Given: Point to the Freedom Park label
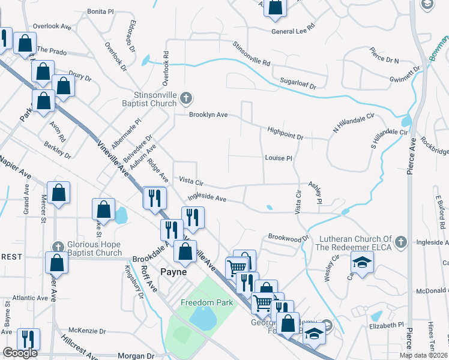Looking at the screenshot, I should tap(206, 302).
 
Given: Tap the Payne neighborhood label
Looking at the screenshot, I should tap(174, 272).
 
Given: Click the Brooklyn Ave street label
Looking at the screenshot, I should tap(208, 115).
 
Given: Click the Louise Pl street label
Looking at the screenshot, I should tap(278, 158).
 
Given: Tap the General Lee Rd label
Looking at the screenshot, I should tap(293, 30).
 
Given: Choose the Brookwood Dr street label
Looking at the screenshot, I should tap(288, 238).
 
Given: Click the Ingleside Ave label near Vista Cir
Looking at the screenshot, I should tap(206, 197).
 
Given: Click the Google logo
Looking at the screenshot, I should tap(20, 353).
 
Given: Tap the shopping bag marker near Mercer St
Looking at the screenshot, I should tap(59, 194).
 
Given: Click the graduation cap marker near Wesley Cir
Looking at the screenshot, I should tap(362, 263).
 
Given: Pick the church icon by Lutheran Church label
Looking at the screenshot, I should tap(402, 242).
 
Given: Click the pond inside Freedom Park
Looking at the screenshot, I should tap(203, 319).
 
